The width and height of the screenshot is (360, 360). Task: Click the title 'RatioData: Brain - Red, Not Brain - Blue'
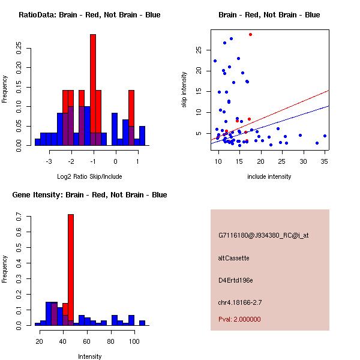tap(89, 15)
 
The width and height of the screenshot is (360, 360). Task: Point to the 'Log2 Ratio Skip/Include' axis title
tap(89, 176)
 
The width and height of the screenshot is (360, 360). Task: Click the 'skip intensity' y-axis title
tap(184, 90)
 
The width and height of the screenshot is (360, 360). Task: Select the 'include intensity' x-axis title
tap(269, 176)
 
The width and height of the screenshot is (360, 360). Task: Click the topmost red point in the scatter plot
tap(250, 34)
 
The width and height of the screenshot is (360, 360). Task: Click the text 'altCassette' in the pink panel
tap(233, 258)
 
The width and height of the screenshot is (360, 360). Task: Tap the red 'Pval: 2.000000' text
tap(239, 319)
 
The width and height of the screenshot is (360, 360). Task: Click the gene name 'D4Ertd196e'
tap(236, 280)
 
